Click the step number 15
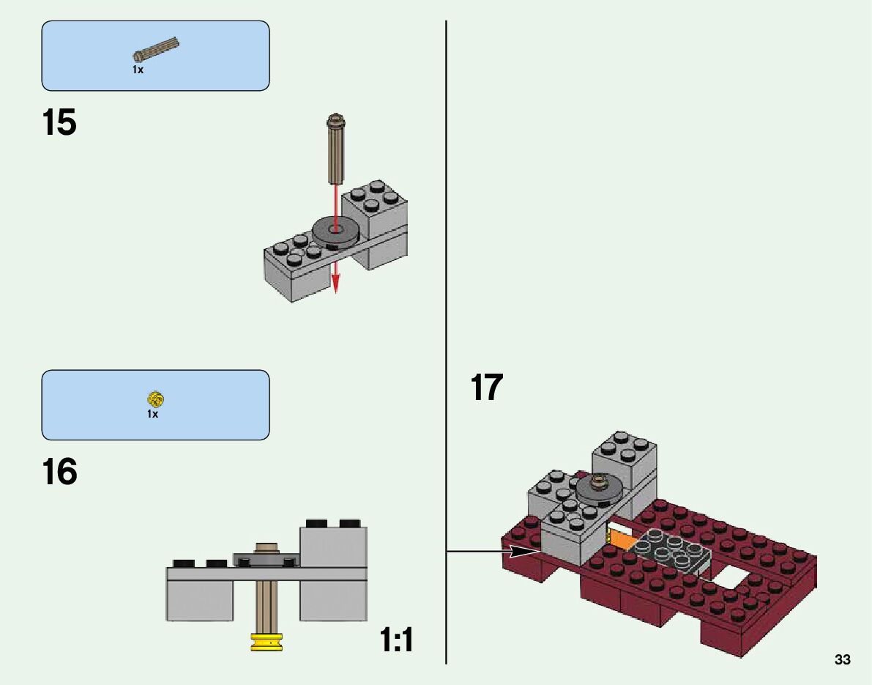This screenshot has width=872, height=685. click(59, 123)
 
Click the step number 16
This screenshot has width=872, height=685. click(59, 473)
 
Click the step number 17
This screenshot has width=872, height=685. click(487, 388)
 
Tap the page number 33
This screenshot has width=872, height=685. click(842, 660)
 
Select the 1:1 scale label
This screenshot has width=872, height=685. click(397, 640)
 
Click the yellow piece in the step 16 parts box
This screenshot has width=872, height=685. click(154, 399)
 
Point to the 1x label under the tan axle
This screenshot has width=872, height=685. click(138, 70)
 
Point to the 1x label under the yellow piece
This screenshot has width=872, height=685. click(152, 415)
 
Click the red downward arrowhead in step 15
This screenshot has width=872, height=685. click(336, 285)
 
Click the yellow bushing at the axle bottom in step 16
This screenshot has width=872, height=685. click(267, 641)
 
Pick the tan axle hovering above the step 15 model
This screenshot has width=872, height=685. click(336, 147)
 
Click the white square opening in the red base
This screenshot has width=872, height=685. click(731, 577)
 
